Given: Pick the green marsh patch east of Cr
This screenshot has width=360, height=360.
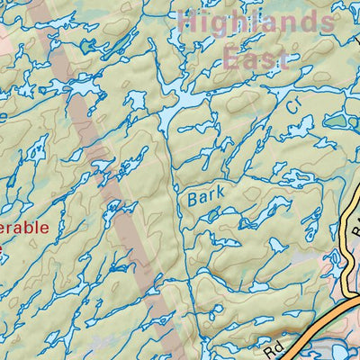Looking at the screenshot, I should [335, 120].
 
